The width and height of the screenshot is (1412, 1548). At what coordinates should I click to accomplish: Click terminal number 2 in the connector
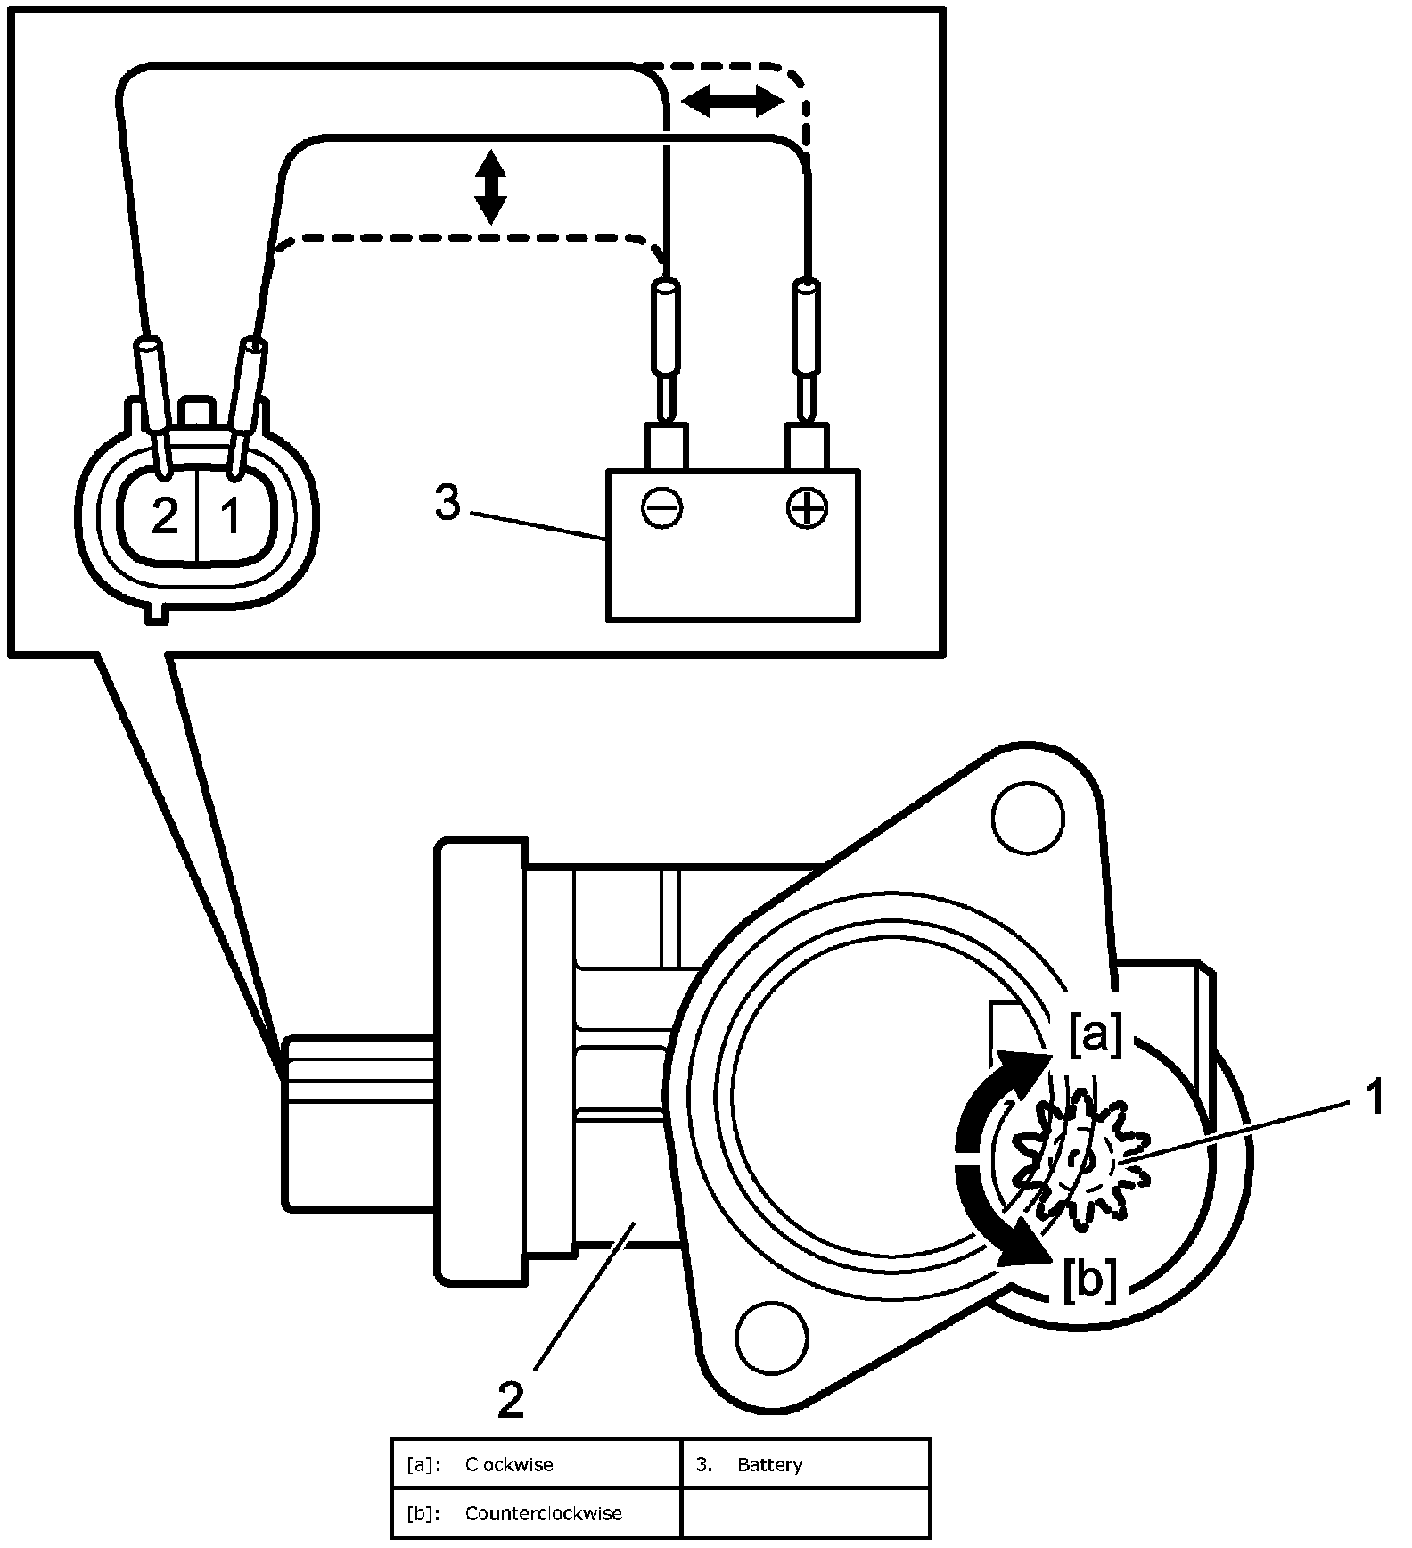click(x=165, y=515)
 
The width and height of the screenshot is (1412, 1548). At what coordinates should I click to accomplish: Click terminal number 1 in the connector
click(x=230, y=515)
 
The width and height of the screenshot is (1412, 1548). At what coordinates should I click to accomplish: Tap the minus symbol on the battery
click(x=661, y=509)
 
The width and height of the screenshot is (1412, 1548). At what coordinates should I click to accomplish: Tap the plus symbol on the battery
click(x=807, y=509)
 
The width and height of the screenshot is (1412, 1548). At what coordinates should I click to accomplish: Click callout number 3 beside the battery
click(x=447, y=503)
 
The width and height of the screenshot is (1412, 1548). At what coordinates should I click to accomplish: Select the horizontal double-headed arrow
click(x=732, y=102)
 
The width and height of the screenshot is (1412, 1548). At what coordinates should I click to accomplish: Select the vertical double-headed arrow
click(x=490, y=187)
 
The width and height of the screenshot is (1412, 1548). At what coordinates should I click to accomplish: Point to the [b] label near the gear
click(x=1089, y=1281)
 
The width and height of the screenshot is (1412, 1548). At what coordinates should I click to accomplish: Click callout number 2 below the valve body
click(x=511, y=1401)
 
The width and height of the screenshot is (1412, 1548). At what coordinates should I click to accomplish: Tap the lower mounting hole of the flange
click(x=772, y=1338)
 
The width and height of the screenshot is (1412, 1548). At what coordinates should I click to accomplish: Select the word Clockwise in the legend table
click(x=509, y=1465)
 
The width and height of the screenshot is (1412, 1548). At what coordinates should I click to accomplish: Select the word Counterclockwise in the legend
click(x=543, y=1513)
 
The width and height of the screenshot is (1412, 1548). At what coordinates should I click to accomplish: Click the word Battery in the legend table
click(x=770, y=1465)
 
